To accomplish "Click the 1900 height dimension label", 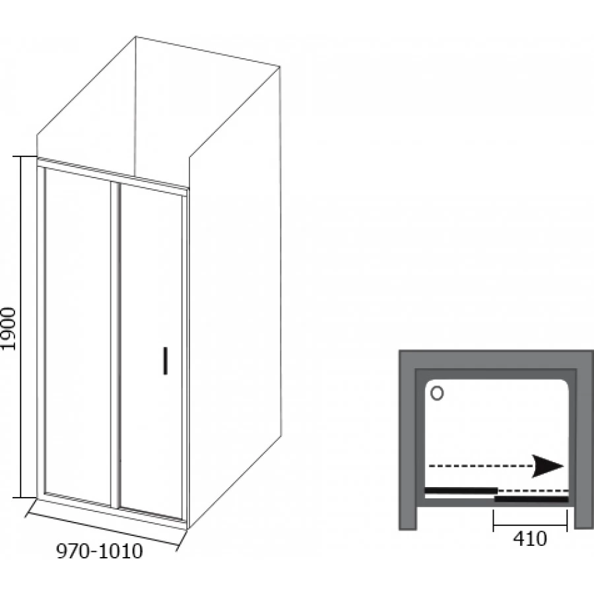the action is coord(9,329).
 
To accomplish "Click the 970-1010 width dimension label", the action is coord(100,552).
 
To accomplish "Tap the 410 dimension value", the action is coord(530,539).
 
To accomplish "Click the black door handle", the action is coord(165,360).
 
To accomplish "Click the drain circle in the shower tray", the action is coord(437,393).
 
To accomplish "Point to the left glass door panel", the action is coord(78,337).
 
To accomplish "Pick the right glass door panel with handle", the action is coord(151,350).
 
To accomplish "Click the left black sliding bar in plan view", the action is coord(461,490).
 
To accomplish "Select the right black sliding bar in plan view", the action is coord(531,499).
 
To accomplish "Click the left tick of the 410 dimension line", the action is coord(493,521).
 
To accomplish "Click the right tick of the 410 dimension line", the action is coord(567,521).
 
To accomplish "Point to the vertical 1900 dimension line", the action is coord(21,327).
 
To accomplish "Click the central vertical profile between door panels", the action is coord(115,345).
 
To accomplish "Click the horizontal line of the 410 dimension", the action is coord(530,525).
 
